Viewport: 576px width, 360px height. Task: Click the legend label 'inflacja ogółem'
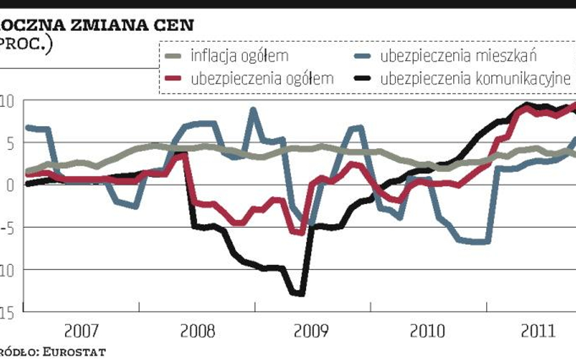point(239,56)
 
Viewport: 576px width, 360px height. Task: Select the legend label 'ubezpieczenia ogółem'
point(262,78)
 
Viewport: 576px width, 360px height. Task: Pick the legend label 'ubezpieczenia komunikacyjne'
point(476,78)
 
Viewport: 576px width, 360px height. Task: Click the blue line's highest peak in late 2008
point(253,110)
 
